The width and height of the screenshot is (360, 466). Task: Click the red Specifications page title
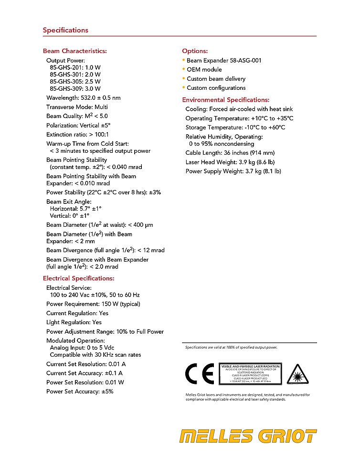coord(65,30)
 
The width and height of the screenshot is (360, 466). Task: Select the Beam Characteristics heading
coord(74,51)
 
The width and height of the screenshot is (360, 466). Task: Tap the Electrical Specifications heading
coord(79,278)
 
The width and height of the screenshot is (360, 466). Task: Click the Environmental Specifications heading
coord(226,100)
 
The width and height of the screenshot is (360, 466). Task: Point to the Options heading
coord(195,51)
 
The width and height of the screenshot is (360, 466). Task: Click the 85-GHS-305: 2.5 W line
coord(75,82)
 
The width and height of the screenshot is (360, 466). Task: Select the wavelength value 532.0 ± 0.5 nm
coord(100,98)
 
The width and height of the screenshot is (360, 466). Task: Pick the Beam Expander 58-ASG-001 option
coord(224,61)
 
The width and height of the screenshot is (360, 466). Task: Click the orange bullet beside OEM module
coord(184,69)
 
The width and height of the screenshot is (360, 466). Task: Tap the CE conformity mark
coord(199,374)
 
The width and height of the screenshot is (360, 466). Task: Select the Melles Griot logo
coord(248,436)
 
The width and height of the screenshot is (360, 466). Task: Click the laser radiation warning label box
coord(250,374)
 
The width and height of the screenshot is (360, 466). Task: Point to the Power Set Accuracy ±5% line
coord(80,392)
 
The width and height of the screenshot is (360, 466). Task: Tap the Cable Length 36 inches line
coord(230,153)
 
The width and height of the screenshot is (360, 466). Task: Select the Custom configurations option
coord(216,88)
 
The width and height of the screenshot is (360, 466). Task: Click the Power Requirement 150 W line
coord(93,304)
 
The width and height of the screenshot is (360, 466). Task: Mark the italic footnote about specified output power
coord(231,348)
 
